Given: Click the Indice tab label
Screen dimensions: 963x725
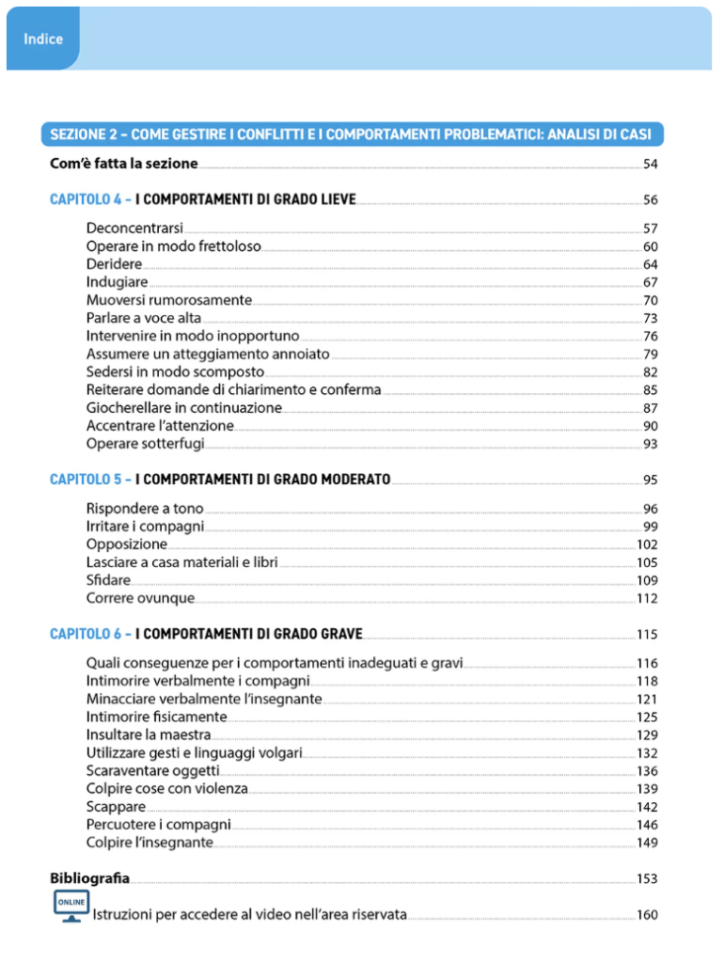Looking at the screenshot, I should (43, 39).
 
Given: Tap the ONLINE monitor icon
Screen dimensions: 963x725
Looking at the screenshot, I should (70, 907).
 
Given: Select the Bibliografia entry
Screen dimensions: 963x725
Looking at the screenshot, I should (89, 878).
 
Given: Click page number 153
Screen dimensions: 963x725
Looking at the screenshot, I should (647, 879).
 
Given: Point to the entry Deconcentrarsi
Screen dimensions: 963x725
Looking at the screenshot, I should (134, 229).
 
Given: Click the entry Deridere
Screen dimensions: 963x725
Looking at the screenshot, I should (114, 264).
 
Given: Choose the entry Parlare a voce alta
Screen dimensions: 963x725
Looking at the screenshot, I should (143, 318).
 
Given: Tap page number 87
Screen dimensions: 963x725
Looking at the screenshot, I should (650, 408).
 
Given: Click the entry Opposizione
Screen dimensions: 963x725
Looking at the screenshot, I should (126, 545).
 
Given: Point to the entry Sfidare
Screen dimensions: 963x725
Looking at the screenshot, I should (108, 580).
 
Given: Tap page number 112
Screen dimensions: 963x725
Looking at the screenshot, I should (647, 598).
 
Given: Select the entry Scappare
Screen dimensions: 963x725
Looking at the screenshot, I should (116, 807).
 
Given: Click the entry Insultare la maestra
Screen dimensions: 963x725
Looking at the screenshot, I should (149, 734).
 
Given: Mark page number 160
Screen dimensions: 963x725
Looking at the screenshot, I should (647, 915).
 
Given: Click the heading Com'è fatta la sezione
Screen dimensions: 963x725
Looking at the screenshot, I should (123, 164).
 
